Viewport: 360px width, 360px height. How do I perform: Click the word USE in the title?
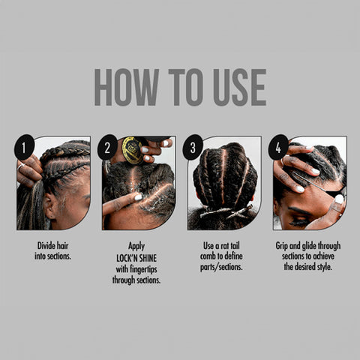(x=236, y=88)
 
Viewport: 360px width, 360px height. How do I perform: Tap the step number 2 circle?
(x=107, y=147)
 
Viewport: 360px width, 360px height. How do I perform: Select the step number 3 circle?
(x=193, y=147)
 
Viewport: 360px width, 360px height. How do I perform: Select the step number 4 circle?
(x=278, y=147)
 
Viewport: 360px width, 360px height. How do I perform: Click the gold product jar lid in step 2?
(x=132, y=151)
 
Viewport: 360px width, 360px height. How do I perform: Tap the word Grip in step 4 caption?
(x=286, y=246)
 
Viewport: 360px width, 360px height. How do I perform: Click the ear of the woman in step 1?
(x=50, y=203)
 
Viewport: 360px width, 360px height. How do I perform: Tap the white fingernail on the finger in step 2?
(x=137, y=196)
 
